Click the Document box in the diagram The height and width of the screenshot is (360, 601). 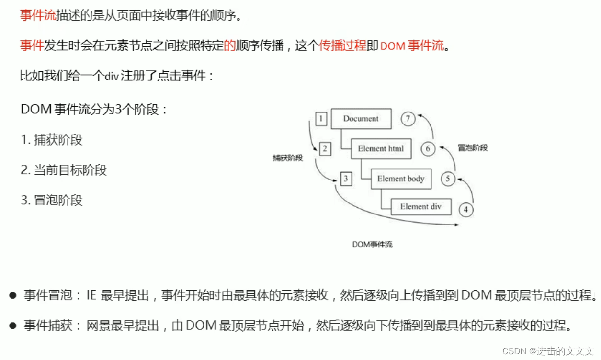click(361, 119)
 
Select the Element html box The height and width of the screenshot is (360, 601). click(381, 148)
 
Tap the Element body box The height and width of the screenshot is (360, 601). click(401, 179)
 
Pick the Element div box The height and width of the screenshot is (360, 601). click(420, 207)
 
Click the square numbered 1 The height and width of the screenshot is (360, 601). click(321, 119)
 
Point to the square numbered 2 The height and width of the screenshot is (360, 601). click(325, 149)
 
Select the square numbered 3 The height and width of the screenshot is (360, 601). click(346, 179)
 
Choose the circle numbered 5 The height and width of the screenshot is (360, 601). click(448, 179)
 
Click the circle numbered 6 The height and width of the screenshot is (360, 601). click(428, 149)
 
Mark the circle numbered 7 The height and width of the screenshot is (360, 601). click(408, 119)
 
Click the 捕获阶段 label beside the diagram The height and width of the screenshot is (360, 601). click(288, 158)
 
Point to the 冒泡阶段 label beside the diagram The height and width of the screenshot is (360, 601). click(473, 148)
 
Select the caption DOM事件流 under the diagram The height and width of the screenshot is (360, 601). click(372, 245)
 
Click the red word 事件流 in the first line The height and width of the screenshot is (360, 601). click(37, 15)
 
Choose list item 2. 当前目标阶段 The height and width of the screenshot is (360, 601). click(64, 170)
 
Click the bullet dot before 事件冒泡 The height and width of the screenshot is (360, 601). click(13, 295)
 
